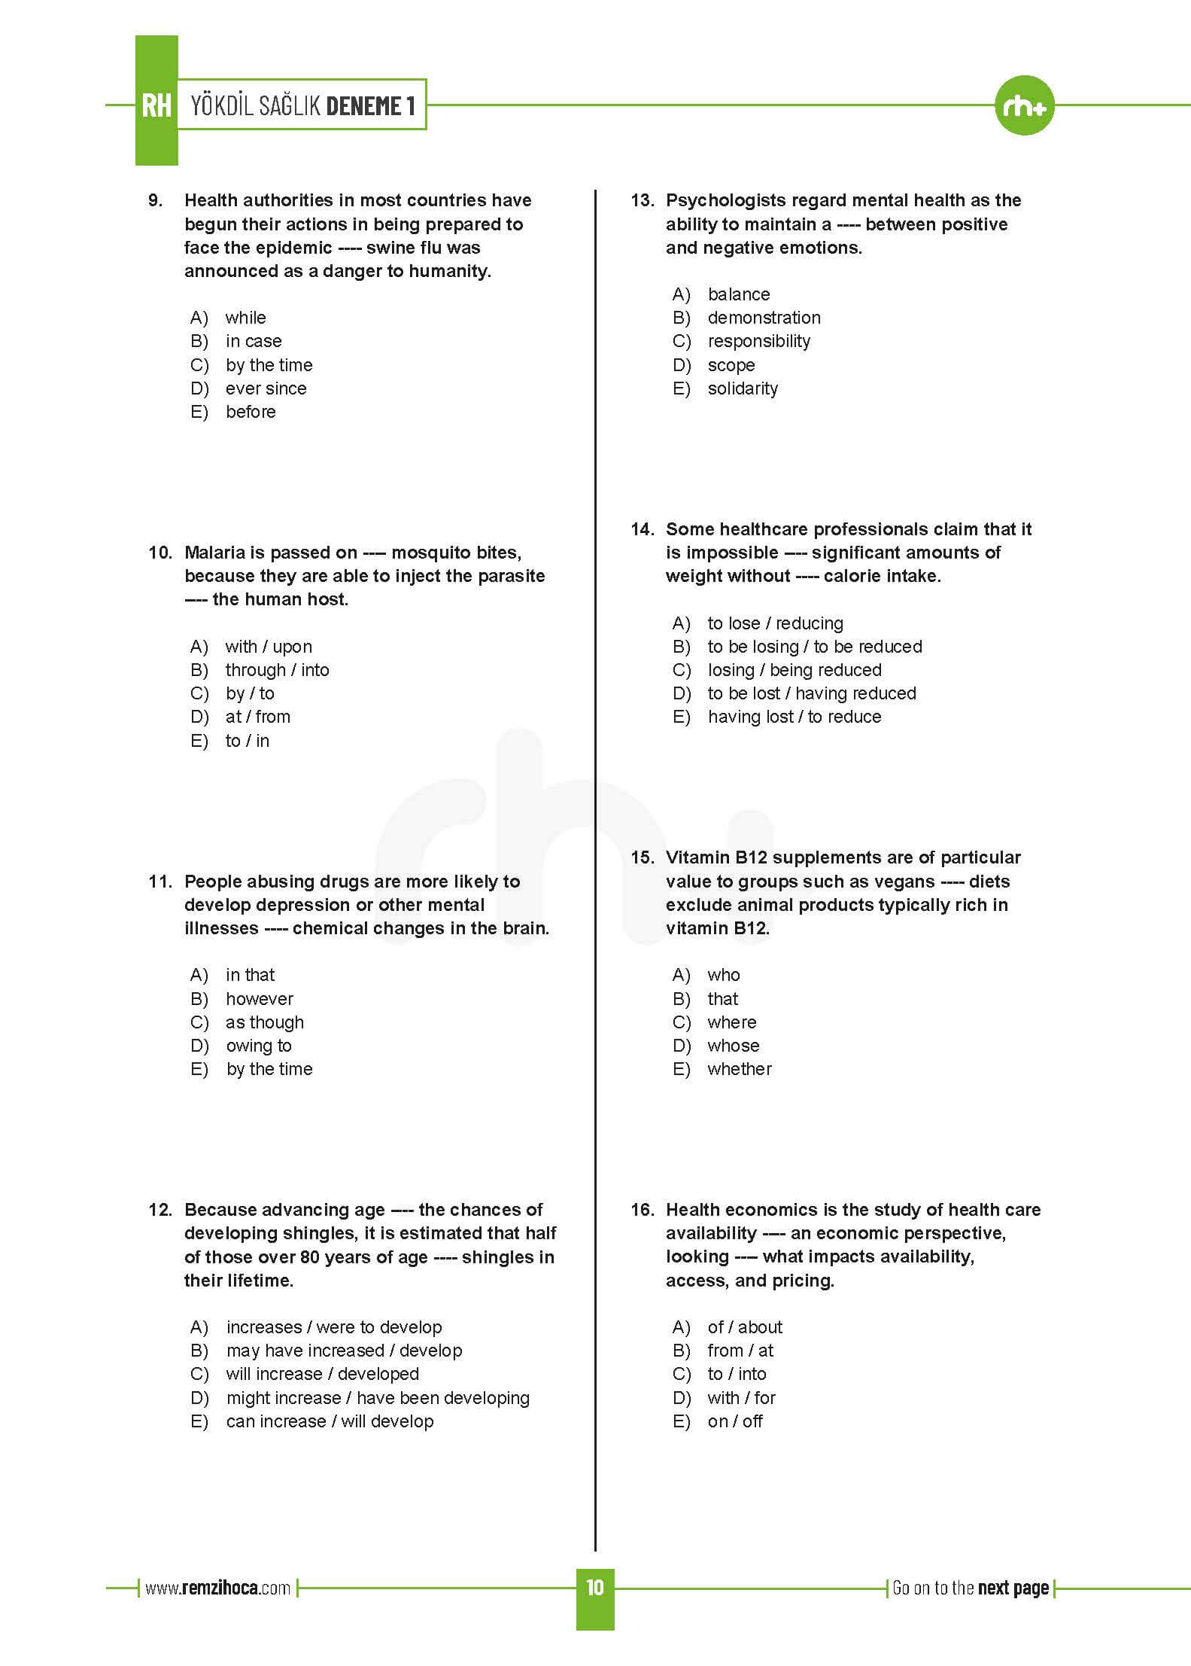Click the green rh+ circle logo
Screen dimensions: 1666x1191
1024,106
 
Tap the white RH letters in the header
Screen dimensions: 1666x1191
156,106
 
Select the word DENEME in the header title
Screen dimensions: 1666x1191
364,106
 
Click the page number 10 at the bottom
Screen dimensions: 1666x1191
594,1588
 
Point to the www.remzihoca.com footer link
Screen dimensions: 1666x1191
217,1588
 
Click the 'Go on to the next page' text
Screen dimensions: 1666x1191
970,1588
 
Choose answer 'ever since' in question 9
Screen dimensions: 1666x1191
266,388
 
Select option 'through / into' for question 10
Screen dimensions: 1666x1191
277,670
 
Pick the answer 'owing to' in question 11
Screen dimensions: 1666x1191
258,1046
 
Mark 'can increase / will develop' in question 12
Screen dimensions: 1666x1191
330,1421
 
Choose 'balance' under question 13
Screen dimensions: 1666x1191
738,294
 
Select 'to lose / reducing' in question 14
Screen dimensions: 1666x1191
775,623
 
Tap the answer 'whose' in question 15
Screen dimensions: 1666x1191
733,1046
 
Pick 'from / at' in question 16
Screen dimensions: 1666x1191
740,1351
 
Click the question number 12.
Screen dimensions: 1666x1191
160,1210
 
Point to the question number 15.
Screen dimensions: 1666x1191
642,857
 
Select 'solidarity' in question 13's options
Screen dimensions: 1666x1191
743,388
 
